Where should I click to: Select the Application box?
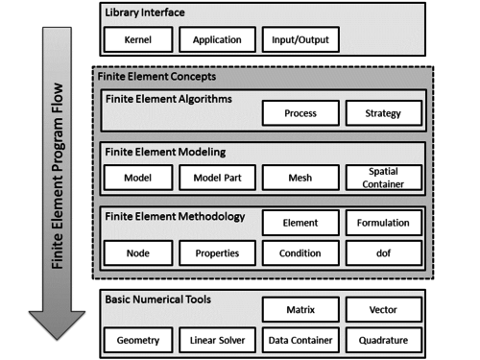(217, 42)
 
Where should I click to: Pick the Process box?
(300, 114)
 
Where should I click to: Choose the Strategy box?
(383, 114)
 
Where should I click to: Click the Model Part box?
(217, 179)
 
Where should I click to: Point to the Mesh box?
(300, 179)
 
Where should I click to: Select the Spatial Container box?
(383, 179)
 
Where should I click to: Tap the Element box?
(300, 223)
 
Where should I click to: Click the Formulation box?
(383, 223)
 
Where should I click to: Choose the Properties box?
(217, 253)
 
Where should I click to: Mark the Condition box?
(300, 253)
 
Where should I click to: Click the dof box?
(383, 253)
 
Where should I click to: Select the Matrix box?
(300, 309)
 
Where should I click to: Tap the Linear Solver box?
(217, 339)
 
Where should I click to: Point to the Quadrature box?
(383, 339)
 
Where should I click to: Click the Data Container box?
(300, 339)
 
